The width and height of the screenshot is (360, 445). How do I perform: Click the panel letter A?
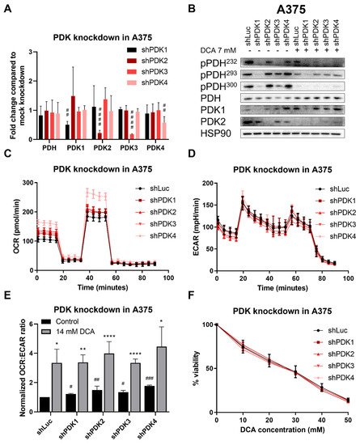(x=6, y=7)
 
